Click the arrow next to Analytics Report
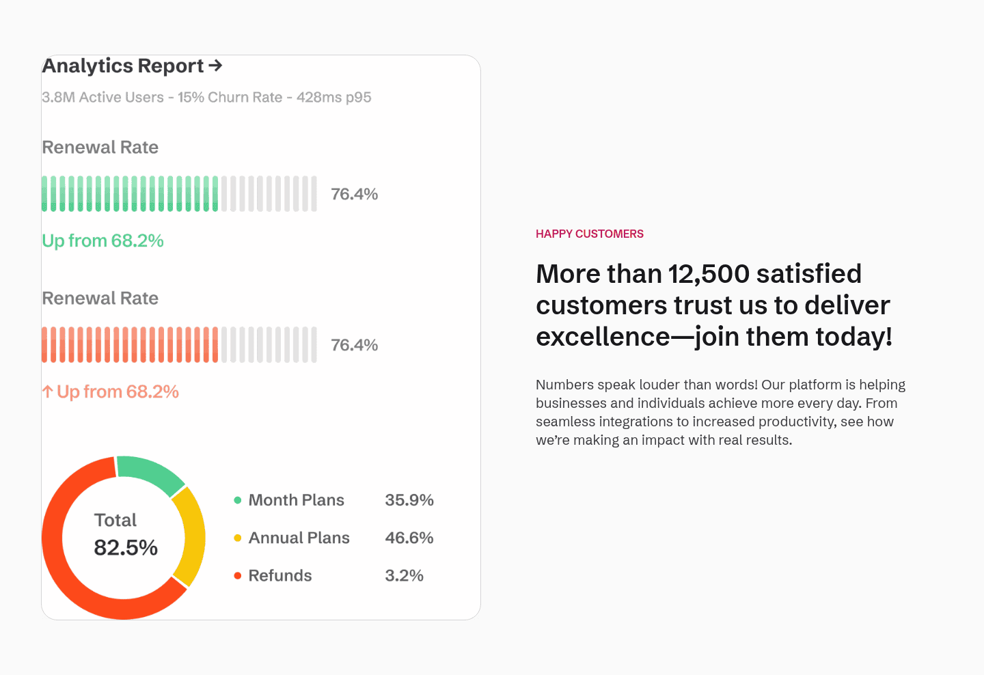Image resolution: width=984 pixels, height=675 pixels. pos(215,66)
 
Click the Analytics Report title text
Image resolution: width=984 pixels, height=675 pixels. pos(123,66)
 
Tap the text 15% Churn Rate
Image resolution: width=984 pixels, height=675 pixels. pos(230,97)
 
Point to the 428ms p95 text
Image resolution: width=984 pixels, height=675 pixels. pos(333,97)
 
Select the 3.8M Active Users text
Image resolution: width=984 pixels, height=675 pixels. pos(102,97)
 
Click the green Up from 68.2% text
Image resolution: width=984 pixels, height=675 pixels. pos(102,240)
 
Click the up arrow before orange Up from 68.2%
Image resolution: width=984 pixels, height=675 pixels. pos(47,391)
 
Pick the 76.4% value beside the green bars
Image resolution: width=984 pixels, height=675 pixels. pos(354,194)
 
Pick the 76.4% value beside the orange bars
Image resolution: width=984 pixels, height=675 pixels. pos(354,345)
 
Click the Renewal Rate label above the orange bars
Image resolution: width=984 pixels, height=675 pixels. pos(100,298)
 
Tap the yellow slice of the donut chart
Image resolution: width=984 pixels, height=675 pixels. pos(191,536)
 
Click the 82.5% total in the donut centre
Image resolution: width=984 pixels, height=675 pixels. pos(126,547)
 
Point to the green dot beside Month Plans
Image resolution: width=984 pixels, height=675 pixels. pos(238,500)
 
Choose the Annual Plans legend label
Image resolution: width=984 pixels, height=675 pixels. pos(299,538)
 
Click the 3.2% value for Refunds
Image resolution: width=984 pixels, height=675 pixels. pos(404,575)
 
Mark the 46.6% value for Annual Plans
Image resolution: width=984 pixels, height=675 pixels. pos(409,538)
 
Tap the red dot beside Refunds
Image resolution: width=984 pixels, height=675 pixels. pos(238,575)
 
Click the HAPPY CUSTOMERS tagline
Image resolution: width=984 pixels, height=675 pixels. pos(589,234)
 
